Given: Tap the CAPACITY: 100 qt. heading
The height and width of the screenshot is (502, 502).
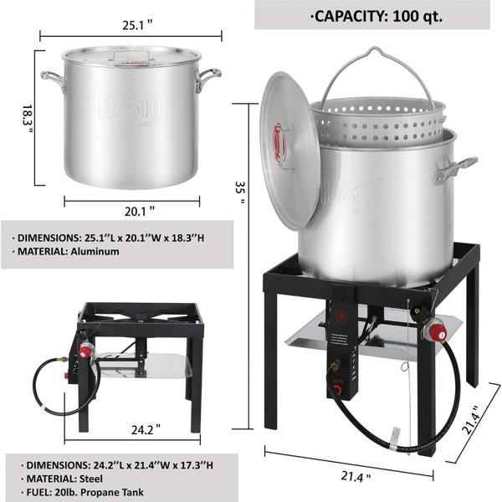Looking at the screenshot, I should pyautogui.click(x=371, y=14).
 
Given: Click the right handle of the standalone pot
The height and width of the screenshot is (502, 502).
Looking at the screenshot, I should pyautogui.click(x=208, y=79).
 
